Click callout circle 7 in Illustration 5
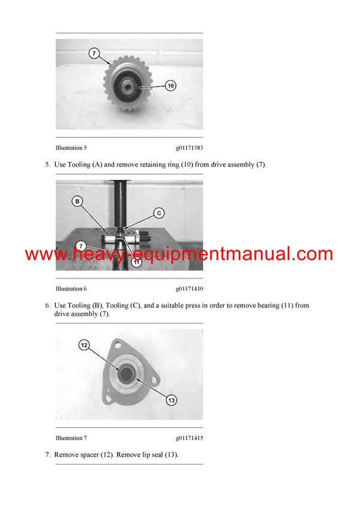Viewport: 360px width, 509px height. pyautogui.click(x=94, y=53)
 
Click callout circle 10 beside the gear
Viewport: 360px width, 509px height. pyautogui.click(x=170, y=86)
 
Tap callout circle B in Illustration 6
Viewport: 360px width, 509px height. pyautogui.click(x=77, y=201)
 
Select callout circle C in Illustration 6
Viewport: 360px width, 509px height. pyautogui.click(x=159, y=212)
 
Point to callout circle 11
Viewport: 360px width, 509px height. pyautogui.click(x=137, y=262)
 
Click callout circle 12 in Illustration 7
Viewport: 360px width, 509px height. pyautogui.click(x=85, y=345)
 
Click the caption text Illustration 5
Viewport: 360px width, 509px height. pyautogui.click(x=71, y=147)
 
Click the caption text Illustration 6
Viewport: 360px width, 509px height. pyautogui.click(x=71, y=288)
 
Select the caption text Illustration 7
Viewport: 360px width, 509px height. pyautogui.click(x=71, y=438)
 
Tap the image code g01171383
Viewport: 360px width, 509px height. pyautogui.click(x=189, y=147)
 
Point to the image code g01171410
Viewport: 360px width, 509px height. pyautogui.click(x=189, y=288)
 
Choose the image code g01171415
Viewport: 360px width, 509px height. pyautogui.click(x=189, y=438)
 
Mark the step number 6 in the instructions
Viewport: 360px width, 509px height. pyautogui.click(x=47, y=306)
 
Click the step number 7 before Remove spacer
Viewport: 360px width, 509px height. pyautogui.click(x=47, y=455)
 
